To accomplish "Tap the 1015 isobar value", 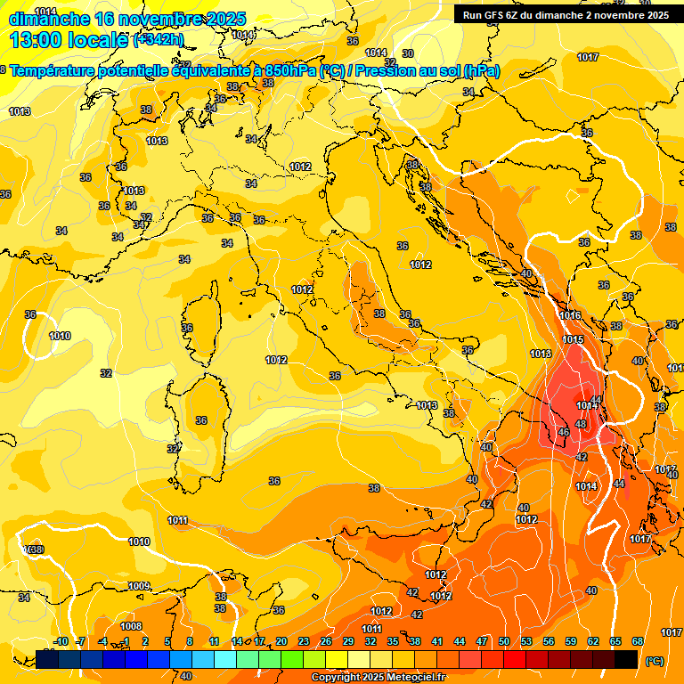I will [573, 339].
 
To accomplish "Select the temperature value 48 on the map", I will [581, 424].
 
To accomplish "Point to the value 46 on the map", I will [563, 433].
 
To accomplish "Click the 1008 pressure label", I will [131, 626].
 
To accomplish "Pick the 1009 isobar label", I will [139, 586].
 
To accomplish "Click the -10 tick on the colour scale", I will [61, 641].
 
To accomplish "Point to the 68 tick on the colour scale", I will [638, 641].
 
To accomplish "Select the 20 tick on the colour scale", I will [281, 641].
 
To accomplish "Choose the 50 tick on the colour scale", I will [504, 641].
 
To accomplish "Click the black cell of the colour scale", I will [626, 659].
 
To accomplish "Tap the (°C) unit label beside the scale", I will [655, 661].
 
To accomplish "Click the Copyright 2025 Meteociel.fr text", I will [379, 677].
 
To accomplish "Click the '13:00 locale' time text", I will [69, 39].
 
